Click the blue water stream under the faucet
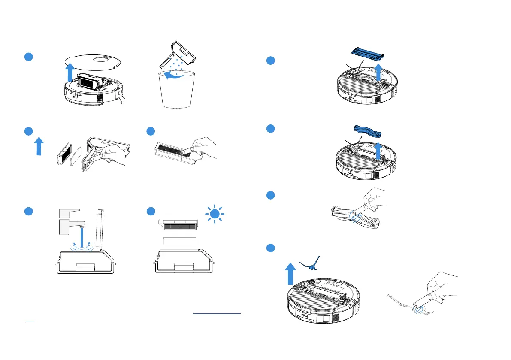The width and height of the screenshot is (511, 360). click(x=82, y=238)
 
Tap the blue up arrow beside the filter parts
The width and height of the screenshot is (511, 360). click(x=39, y=145)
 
